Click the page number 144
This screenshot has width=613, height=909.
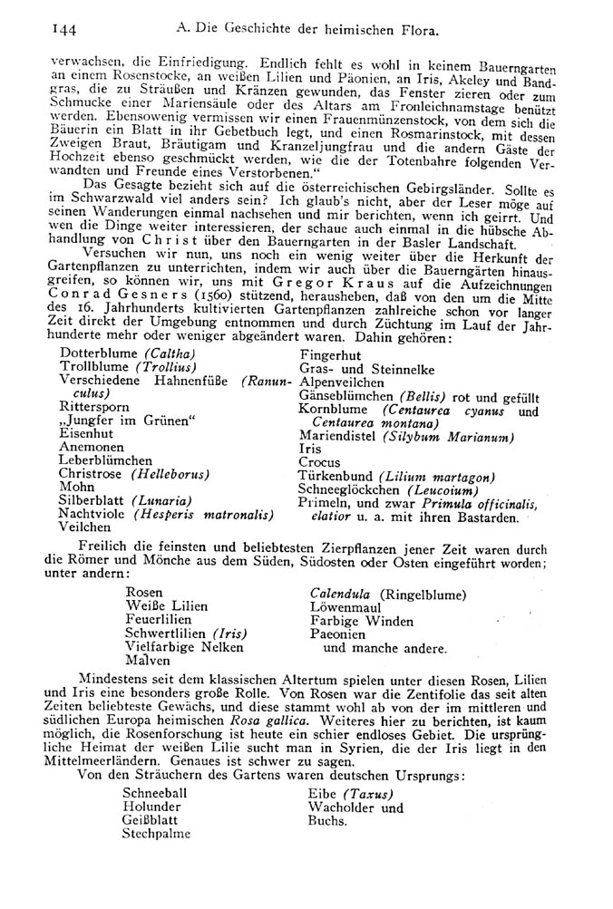[41, 30]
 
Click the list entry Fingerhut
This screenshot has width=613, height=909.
[332, 355]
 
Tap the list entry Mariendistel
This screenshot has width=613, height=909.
[337, 436]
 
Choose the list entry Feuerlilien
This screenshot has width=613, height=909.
[166, 620]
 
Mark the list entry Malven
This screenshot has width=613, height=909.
[151, 661]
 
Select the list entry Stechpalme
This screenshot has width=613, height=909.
[156, 835]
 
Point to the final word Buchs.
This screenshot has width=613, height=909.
[327, 821]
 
